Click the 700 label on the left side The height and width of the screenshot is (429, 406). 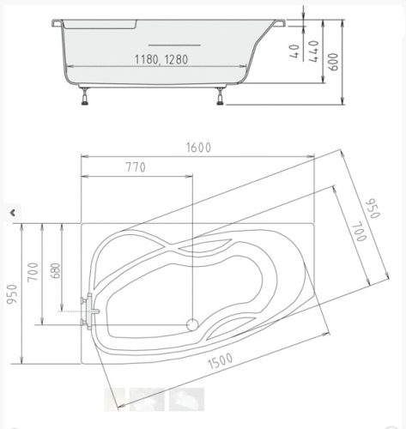(x=33, y=272)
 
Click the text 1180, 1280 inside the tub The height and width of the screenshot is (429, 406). (x=161, y=60)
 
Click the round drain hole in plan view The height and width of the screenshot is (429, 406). (x=193, y=324)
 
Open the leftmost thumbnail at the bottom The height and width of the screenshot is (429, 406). (x=115, y=399)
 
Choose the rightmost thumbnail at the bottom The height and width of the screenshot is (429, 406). (x=186, y=399)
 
